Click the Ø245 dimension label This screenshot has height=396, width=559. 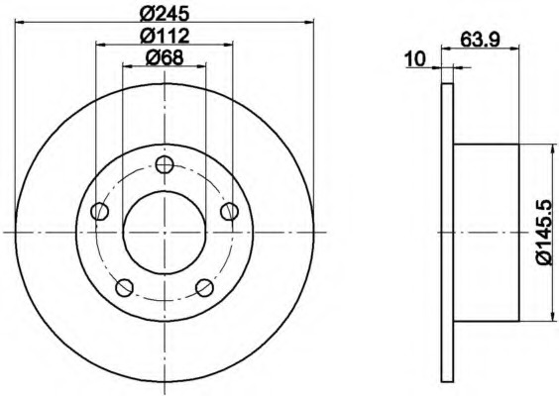click(x=165, y=14)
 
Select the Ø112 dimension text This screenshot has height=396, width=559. click(x=165, y=36)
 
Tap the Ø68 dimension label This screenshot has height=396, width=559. click(x=165, y=57)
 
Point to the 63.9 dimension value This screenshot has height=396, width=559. click(x=481, y=40)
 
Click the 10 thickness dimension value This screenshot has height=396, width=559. click(x=415, y=59)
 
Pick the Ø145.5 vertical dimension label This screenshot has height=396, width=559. click(x=544, y=233)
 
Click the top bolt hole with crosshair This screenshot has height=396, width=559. click(x=165, y=165)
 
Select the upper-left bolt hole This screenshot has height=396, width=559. click(x=100, y=212)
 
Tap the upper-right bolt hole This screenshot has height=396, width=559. click(x=230, y=212)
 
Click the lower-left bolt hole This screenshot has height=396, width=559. click(x=125, y=288)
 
